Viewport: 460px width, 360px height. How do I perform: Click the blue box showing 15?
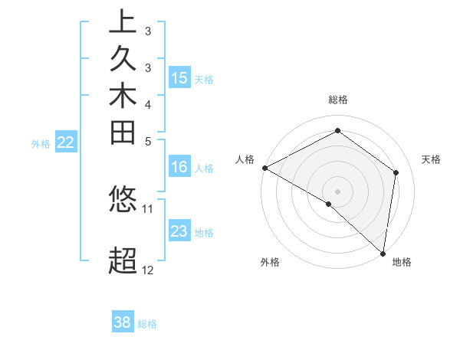[179, 77]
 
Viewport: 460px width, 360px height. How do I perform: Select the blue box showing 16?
[179, 167]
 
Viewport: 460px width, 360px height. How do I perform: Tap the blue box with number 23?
[179, 231]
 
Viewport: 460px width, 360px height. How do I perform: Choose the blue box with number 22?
[66, 142]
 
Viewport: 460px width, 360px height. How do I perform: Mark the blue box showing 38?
[123, 322]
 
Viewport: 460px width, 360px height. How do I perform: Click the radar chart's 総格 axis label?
[338, 100]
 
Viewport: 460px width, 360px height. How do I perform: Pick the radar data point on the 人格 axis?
[264, 167]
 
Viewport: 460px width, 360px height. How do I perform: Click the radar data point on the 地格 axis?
[383, 252]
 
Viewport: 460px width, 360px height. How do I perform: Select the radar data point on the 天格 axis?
[396, 172]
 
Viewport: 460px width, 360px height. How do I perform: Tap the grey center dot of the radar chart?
[338, 191]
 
